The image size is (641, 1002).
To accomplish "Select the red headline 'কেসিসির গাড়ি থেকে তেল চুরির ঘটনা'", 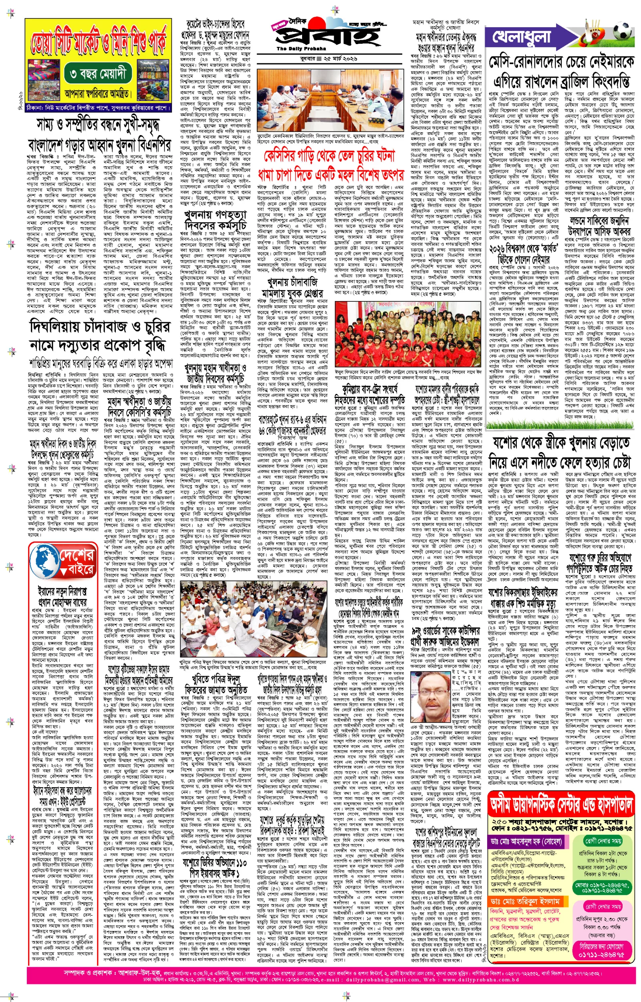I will pyautogui.click(x=329, y=156).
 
